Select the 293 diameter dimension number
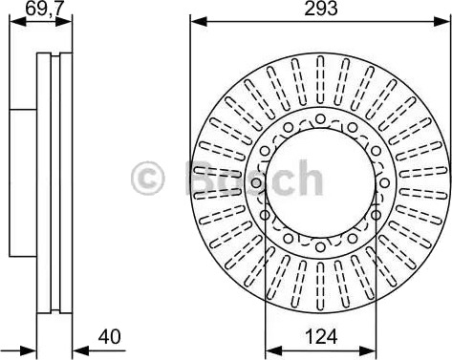[x=320, y=9]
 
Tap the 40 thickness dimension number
[x=109, y=337]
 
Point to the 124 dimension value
[x=321, y=337]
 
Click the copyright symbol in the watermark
[x=147, y=179]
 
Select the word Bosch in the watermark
[x=254, y=178]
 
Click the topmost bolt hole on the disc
[x=320, y=118]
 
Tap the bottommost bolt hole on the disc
[x=320, y=246]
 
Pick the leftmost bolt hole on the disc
[x=256, y=182]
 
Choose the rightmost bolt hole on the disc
[x=384, y=182]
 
